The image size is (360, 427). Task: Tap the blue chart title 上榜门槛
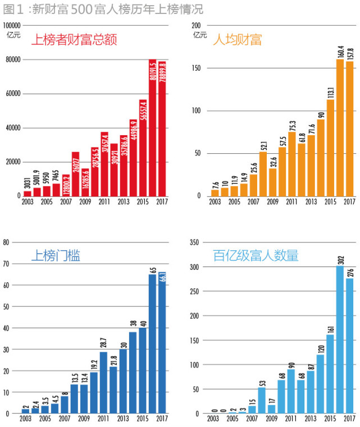[55, 256]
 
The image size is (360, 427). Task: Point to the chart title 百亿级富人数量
[256, 256]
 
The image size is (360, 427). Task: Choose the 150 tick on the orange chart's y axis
[197, 68]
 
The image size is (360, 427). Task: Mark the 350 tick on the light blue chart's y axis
[195, 242]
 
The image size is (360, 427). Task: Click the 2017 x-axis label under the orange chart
[349, 201]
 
